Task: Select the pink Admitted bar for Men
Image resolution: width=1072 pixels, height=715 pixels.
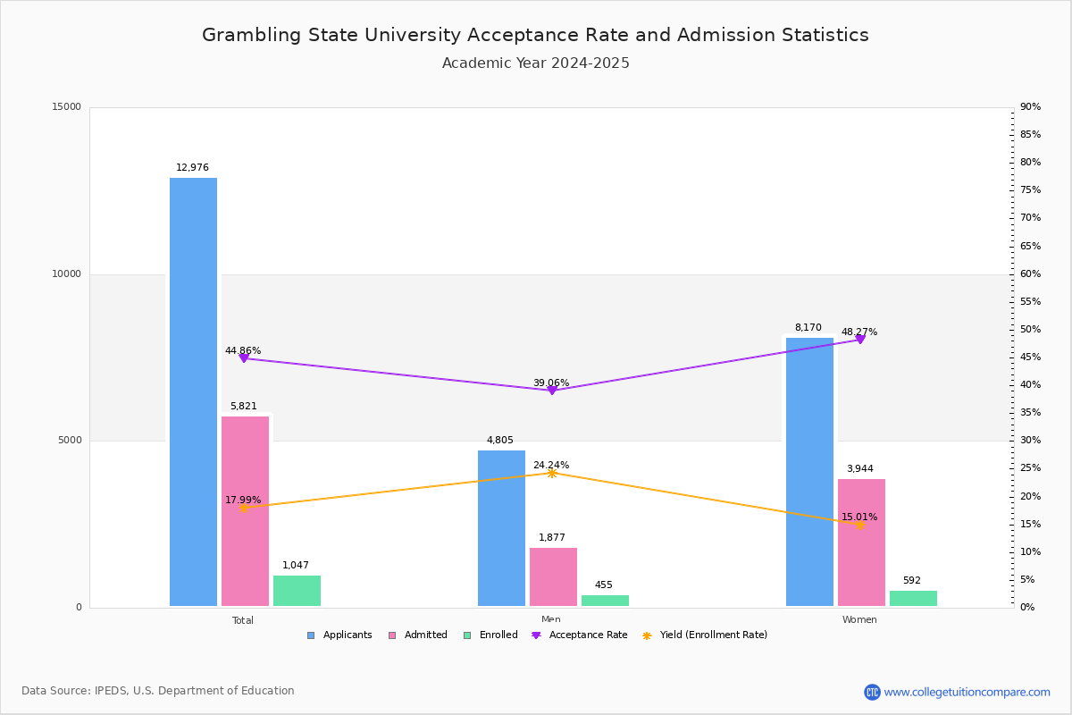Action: tap(553, 577)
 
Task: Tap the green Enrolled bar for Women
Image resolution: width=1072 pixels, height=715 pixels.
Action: tap(913, 599)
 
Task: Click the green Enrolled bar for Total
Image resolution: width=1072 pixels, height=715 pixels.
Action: tap(297, 591)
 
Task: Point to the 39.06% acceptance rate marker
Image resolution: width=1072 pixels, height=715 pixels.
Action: tap(551, 391)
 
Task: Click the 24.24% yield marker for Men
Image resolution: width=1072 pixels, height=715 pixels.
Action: tap(551, 473)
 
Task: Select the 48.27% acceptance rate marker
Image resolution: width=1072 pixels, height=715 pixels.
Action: tap(860, 340)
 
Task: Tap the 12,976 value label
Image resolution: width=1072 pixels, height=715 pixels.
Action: tap(192, 168)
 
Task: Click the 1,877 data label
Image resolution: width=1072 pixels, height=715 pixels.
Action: tap(552, 538)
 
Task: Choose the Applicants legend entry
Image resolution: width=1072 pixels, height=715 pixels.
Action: tap(339, 635)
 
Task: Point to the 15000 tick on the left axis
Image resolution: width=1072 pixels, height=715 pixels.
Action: tap(67, 107)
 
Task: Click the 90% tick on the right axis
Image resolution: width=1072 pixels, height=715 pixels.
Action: tap(1030, 107)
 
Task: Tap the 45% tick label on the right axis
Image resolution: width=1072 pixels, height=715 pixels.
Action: tap(1030, 357)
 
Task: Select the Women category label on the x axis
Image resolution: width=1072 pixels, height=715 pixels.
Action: tap(859, 620)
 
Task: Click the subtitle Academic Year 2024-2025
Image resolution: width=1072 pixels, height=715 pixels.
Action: tap(536, 63)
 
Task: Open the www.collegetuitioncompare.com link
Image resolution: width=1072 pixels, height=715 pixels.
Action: tap(967, 692)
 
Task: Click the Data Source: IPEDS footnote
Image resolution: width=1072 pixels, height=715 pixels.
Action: tap(158, 691)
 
